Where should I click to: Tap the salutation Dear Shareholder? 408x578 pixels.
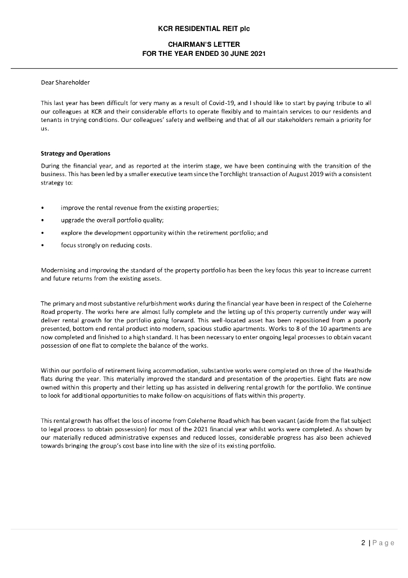(65, 83)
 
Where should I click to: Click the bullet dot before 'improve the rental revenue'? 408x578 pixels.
(43, 209)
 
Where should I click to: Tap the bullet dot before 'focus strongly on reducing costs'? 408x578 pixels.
(43, 245)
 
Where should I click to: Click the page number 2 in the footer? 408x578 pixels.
(363, 544)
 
